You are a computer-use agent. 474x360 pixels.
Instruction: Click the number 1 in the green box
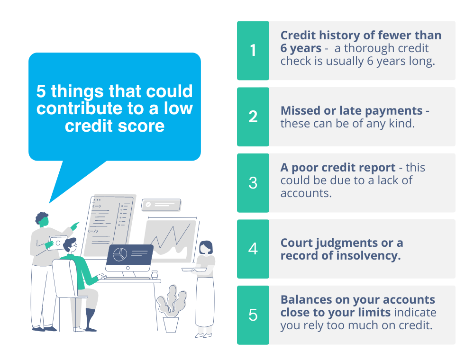[x=253, y=51]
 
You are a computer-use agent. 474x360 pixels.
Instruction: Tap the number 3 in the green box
[x=253, y=183]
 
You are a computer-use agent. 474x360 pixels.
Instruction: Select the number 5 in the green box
[x=253, y=315]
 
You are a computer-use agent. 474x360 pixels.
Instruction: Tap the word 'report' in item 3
[x=375, y=168]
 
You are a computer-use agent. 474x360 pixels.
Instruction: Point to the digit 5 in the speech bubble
[x=41, y=91]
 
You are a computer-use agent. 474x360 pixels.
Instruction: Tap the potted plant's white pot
[x=171, y=324]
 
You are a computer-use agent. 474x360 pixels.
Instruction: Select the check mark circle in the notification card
[x=148, y=204]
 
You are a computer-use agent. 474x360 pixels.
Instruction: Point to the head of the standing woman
[x=205, y=247]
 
